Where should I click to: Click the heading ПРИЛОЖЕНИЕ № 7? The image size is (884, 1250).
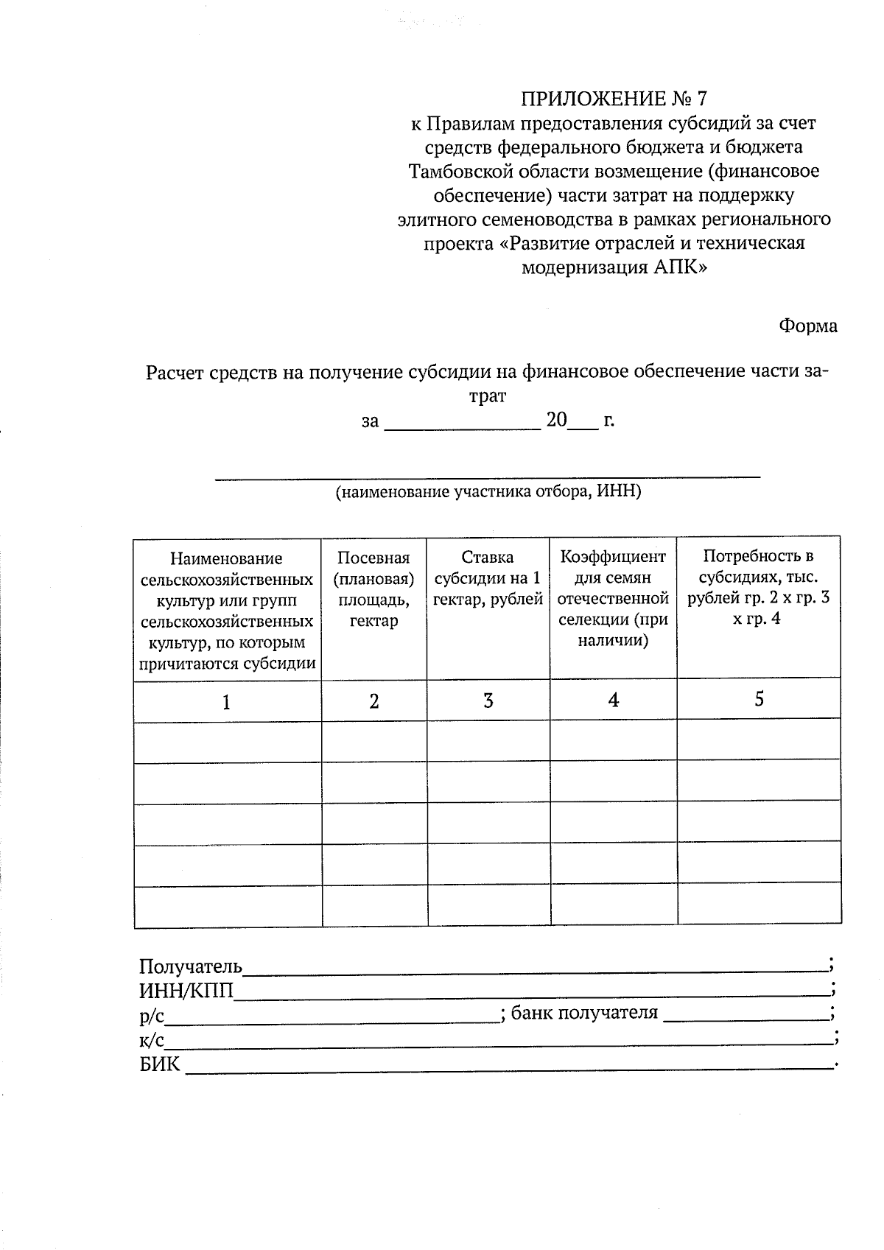(x=613, y=99)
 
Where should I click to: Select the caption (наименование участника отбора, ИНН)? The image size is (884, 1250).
(x=488, y=492)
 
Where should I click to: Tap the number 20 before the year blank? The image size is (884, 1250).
(x=556, y=421)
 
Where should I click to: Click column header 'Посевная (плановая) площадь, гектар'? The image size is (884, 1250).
(x=374, y=589)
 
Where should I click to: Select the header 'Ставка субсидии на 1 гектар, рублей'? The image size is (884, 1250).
(x=488, y=578)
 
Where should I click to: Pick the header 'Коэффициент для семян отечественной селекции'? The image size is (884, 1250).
(x=613, y=598)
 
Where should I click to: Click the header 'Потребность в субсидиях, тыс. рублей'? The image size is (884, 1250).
(x=758, y=587)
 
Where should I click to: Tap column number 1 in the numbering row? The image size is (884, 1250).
(x=227, y=702)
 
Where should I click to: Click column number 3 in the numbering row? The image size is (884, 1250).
(x=488, y=701)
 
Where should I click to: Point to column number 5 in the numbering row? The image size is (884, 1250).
(x=759, y=698)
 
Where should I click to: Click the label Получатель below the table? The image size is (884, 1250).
(x=190, y=966)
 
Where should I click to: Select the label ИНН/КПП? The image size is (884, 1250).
(x=186, y=991)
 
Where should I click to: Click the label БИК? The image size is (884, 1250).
(x=159, y=1064)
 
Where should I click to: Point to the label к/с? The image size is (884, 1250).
(x=151, y=1040)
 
